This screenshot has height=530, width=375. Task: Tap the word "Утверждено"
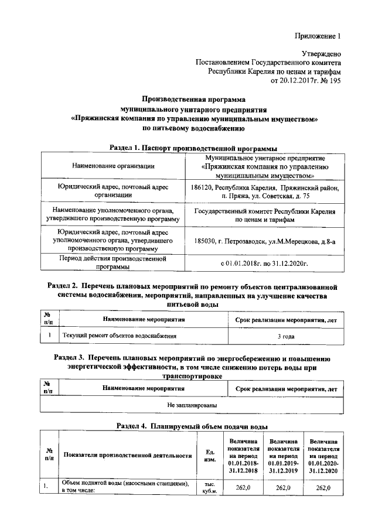click(319, 53)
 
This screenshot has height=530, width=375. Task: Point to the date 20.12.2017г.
click(295, 81)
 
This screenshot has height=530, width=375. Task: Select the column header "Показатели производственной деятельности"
click(128, 455)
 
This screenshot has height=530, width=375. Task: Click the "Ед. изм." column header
click(209, 455)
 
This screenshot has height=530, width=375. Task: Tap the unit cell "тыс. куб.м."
click(209, 488)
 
